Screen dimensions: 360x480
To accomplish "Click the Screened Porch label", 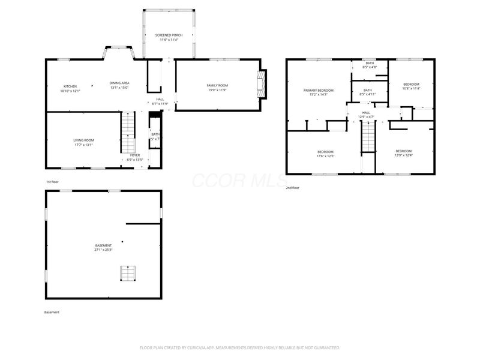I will [168, 37].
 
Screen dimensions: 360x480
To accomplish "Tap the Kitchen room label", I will [70, 88].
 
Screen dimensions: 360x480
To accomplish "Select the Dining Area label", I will [119, 85].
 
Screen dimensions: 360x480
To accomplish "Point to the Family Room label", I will [217, 88].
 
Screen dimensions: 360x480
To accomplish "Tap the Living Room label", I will [83, 142].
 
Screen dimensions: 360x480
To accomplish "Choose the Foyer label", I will [135, 158].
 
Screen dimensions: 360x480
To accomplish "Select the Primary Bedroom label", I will [317, 92].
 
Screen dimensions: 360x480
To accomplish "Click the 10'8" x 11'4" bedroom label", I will [411, 86].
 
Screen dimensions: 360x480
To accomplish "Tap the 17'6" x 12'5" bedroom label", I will [325, 154].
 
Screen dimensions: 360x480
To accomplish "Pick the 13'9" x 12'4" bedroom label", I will [403, 153].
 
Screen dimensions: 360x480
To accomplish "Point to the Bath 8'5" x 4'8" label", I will [370, 65].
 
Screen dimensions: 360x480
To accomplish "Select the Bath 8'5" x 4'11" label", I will [367, 92].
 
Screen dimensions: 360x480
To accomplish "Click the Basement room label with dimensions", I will [103, 248].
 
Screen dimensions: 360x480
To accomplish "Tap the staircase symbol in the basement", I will [127, 274].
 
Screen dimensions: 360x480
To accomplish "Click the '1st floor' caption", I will [53, 181].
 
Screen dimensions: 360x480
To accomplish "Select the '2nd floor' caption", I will [293, 187].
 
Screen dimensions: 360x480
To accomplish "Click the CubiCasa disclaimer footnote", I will [240, 347].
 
